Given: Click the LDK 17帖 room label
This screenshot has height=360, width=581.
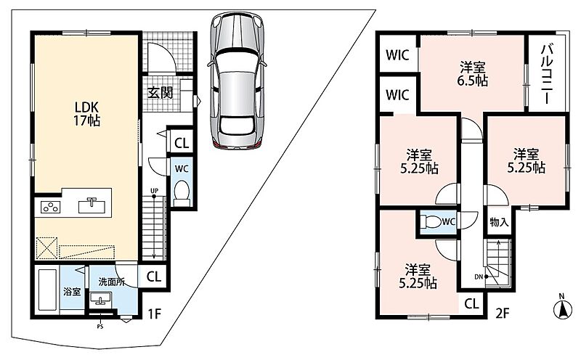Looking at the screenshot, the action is (x=87, y=114).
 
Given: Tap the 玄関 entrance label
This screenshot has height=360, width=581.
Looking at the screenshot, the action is (x=161, y=93).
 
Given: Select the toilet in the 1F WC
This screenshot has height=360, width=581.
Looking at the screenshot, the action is (x=181, y=192).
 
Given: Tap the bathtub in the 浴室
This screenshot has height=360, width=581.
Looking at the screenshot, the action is (x=47, y=290).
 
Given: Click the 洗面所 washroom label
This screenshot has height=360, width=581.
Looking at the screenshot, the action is (x=112, y=282).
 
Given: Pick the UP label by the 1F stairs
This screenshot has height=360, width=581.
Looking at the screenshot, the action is (x=154, y=191).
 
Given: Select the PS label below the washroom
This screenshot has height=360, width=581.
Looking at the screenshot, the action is (x=99, y=327).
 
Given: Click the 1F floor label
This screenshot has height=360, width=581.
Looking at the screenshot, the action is (x=154, y=314).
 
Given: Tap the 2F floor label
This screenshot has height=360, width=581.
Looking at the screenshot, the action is (x=503, y=314).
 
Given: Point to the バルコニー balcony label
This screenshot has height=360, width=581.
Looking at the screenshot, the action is (x=548, y=74).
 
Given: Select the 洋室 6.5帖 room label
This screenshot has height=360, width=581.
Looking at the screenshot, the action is (x=473, y=74).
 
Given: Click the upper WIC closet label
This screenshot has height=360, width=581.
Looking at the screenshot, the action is (x=397, y=56).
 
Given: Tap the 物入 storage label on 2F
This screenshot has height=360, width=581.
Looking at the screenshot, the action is (x=499, y=222).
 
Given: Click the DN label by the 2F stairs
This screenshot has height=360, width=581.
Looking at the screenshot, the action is (x=479, y=277).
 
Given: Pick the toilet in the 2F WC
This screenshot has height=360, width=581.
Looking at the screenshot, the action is (x=431, y=221).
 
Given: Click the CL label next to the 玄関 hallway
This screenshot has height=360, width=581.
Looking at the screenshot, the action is (x=182, y=143).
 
